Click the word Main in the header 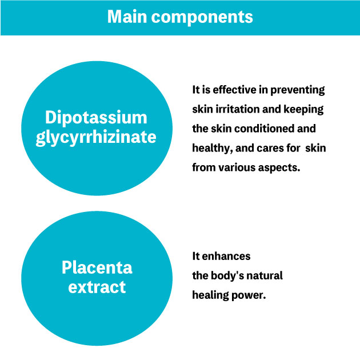coord(127,17)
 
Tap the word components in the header coord(202,18)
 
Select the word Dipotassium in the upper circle coord(96,118)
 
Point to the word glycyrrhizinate coord(96,138)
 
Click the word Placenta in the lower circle coord(97,267)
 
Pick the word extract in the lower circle coord(97,287)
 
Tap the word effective coord(234,90)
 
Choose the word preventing coord(298,90)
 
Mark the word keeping coord(303,110)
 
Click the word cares coord(266,149)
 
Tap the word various coord(237,167)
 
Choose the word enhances coord(226,257)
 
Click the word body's coord(227,276)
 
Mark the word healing coord(210,295)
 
